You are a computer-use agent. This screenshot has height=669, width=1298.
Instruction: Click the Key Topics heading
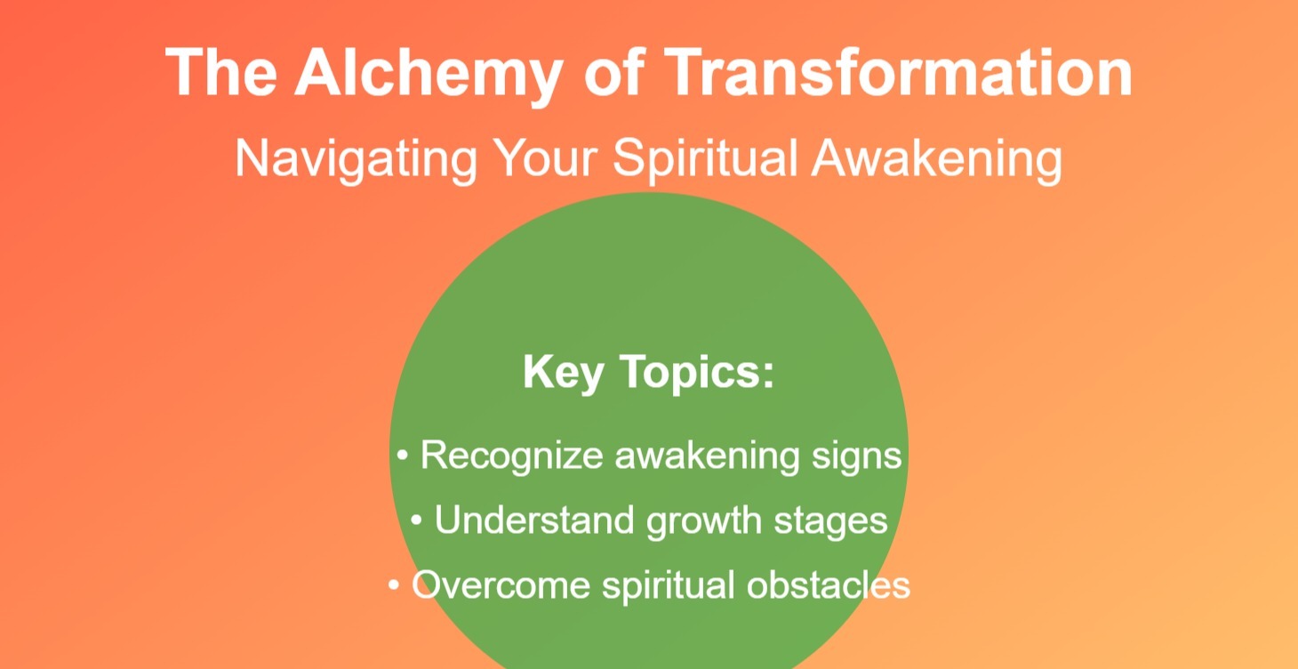(649, 372)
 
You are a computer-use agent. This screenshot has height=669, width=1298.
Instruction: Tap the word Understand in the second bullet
(534, 520)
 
